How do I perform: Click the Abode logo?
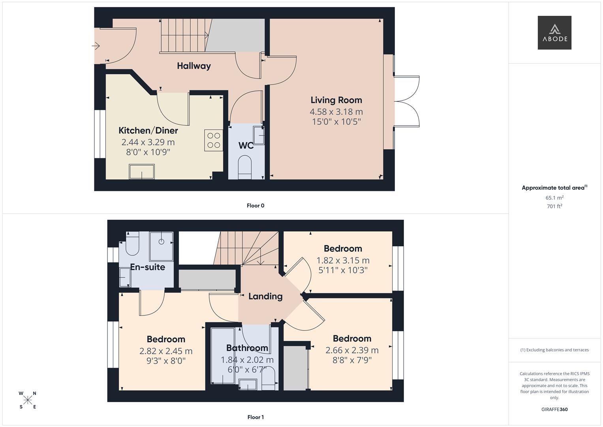click(x=554, y=33)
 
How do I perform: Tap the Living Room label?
click(x=336, y=100)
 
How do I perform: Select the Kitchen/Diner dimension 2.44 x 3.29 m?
click(x=148, y=142)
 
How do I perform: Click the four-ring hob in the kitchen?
click(x=214, y=140)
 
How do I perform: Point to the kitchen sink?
click(x=141, y=172)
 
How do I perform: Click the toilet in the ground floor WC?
click(x=245, y=166)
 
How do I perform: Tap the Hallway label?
click(x=193, y=66)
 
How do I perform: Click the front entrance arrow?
click(x=96, y=46)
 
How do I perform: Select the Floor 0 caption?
click(x=255, y=206)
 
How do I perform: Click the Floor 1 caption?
click(x=255, y=417)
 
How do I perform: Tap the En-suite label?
click(x=148, y=267)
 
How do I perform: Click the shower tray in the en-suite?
click(x=161, y=246)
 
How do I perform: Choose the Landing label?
click(x=265, y=297)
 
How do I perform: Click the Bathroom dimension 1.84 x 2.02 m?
click(x=247, y=360)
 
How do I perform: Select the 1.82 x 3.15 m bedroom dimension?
click(x=343, y=261)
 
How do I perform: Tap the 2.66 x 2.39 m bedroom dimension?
click(x=352, y=350)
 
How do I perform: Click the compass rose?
click(x=28, y=400)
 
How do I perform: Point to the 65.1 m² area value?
click(x=554, y=198)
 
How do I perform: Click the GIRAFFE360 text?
click(x=554, y=410)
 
